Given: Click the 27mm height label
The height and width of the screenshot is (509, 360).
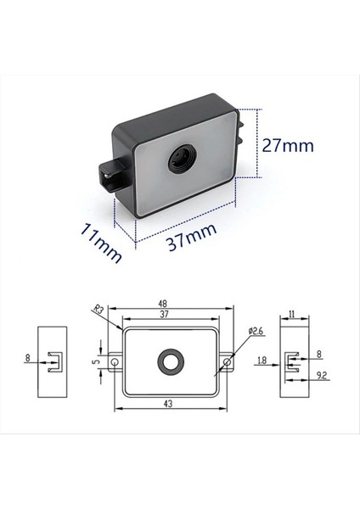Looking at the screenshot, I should pos(287,145).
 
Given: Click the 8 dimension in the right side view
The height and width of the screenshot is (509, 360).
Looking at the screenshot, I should pos(319,354).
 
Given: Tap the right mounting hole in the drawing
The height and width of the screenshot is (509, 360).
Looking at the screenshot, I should pos(227,362).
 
